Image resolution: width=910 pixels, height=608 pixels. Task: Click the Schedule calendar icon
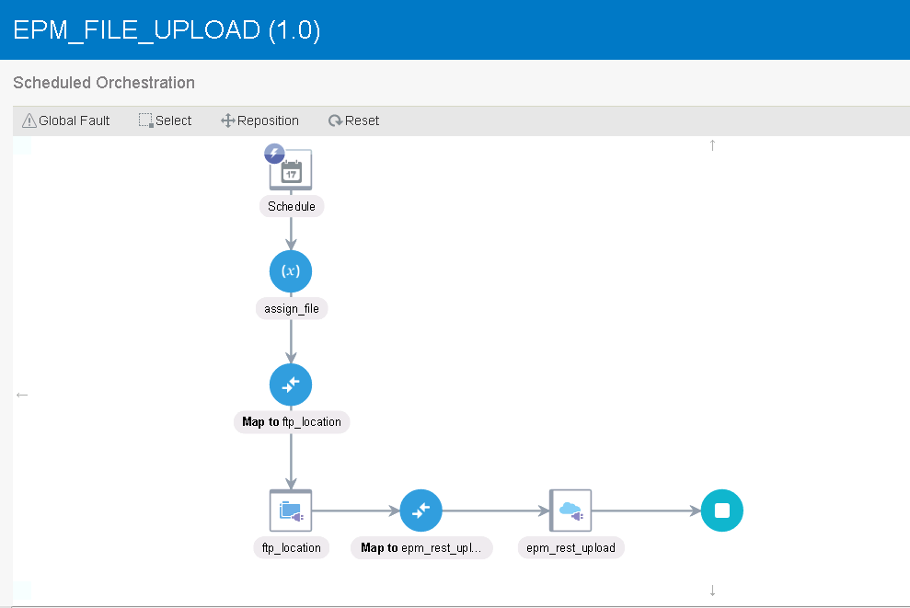pos(291,170)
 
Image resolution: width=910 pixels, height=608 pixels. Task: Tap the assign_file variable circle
pos(291,271)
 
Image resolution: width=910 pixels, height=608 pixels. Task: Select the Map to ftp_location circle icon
pos(291,384)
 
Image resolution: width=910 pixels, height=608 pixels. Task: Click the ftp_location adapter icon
pos(291,510)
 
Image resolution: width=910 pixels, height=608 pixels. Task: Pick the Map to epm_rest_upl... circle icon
pos(421,510)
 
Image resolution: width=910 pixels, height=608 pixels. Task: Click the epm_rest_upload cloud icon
pos(570,510)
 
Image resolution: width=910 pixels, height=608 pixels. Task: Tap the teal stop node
pos(722,510)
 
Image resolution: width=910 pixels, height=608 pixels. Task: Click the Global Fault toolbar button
pos(65,120)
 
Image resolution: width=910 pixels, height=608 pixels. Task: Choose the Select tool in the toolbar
pos(165,120)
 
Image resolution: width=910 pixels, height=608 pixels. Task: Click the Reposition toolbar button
pos(259,120)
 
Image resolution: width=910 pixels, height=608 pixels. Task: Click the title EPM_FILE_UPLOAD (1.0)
pos(167,30)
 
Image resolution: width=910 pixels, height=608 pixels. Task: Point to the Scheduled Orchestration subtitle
pos(104,83)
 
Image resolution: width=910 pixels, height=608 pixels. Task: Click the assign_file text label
pos(292,309)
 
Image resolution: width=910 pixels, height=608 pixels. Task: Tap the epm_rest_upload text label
pos(570,547)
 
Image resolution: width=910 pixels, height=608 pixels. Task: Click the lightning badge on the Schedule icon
pos(274,154)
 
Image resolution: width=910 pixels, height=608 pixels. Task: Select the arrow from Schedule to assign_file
pos(291,234)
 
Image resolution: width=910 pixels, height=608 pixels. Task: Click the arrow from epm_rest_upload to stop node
pos(647,510)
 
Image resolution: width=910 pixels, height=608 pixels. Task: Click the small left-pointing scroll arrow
pos(22,396)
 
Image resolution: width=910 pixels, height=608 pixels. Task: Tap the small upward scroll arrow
pos(713,145)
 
